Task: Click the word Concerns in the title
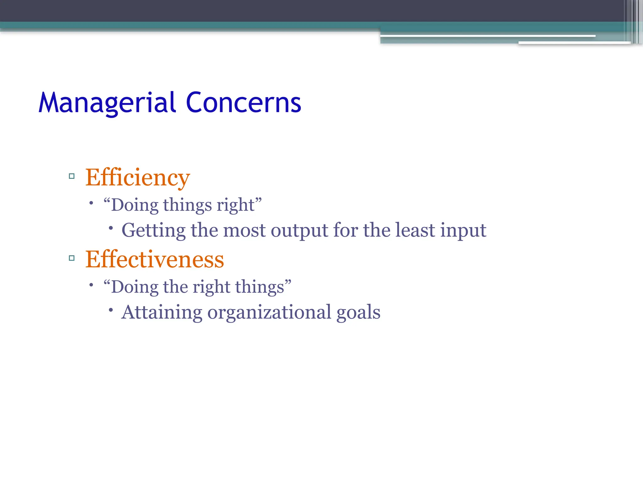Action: [243, 103]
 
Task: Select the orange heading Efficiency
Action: [138, 178]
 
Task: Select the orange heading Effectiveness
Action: [154, 260]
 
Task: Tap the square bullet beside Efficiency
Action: [72, 176]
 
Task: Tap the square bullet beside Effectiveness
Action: [72, 258]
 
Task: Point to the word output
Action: [299, 231]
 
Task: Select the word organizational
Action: [269, 313]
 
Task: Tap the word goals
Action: [358, 313]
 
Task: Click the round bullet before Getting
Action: [111, 228]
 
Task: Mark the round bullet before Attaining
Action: [111, 310]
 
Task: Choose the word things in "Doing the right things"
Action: [259, 287]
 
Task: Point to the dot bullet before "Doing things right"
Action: [91, 203]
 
